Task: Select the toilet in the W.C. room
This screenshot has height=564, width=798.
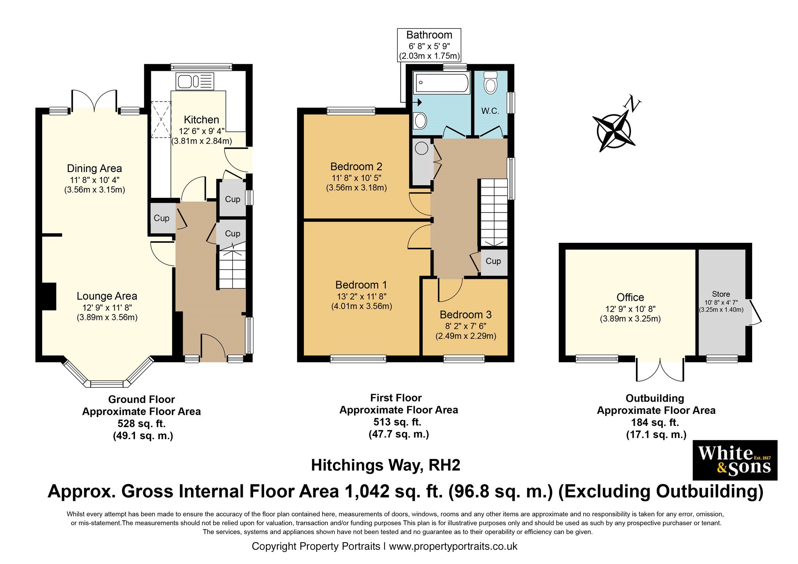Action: pos(490,83)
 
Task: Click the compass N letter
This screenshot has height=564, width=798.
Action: pos(632,104)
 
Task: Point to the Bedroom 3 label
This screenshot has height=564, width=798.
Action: pos(465,314)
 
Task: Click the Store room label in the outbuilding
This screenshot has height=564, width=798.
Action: pos(721,294)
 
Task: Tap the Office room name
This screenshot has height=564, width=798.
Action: pos(630,297)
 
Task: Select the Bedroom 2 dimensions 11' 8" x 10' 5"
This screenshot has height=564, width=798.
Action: pos(356,178)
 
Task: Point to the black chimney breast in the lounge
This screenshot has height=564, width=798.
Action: pos(49,296)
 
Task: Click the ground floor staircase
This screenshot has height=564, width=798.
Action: pos(232,269)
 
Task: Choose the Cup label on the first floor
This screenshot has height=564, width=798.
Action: pos(493,261)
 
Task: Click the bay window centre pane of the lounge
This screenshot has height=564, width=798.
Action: pos(107,384)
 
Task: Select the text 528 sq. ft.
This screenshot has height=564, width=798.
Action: pos(141,423)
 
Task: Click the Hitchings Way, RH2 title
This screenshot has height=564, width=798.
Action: pos(386,465)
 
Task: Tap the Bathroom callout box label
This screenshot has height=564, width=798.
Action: pos(429,35)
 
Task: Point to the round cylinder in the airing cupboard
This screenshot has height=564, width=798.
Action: pos(422,148)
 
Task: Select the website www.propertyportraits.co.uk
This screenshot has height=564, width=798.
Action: pos(453,546)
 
